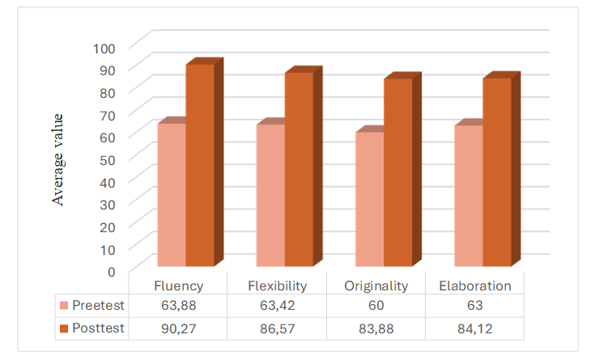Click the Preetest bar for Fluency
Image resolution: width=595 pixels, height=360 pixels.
(x=172, y=194)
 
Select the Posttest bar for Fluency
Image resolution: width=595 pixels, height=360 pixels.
(x=200, y=165)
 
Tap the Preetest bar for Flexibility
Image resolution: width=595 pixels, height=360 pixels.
(x=271, y=195)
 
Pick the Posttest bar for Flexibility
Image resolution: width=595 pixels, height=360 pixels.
(x=299, y=169)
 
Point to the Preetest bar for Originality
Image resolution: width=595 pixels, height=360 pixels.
(x=370, y=199)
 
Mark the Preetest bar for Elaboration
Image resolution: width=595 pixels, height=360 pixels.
(x=470, y=196)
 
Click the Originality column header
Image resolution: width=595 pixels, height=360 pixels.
(x=375, y=286)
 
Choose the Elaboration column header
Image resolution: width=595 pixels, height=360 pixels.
(x=474, y=286)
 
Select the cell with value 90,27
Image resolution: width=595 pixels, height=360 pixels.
(x=176, y=328)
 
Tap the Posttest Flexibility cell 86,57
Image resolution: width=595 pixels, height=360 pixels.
(x=276, y=328)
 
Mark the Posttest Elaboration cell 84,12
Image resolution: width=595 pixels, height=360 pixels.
(x=474, y=328)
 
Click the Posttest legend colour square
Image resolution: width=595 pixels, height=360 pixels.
(x=65, y=328)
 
